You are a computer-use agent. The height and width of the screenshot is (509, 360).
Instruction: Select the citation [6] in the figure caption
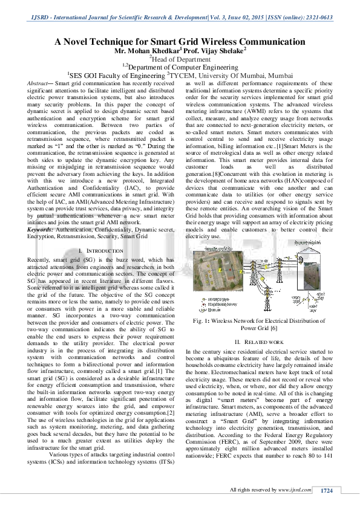(273, 328)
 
